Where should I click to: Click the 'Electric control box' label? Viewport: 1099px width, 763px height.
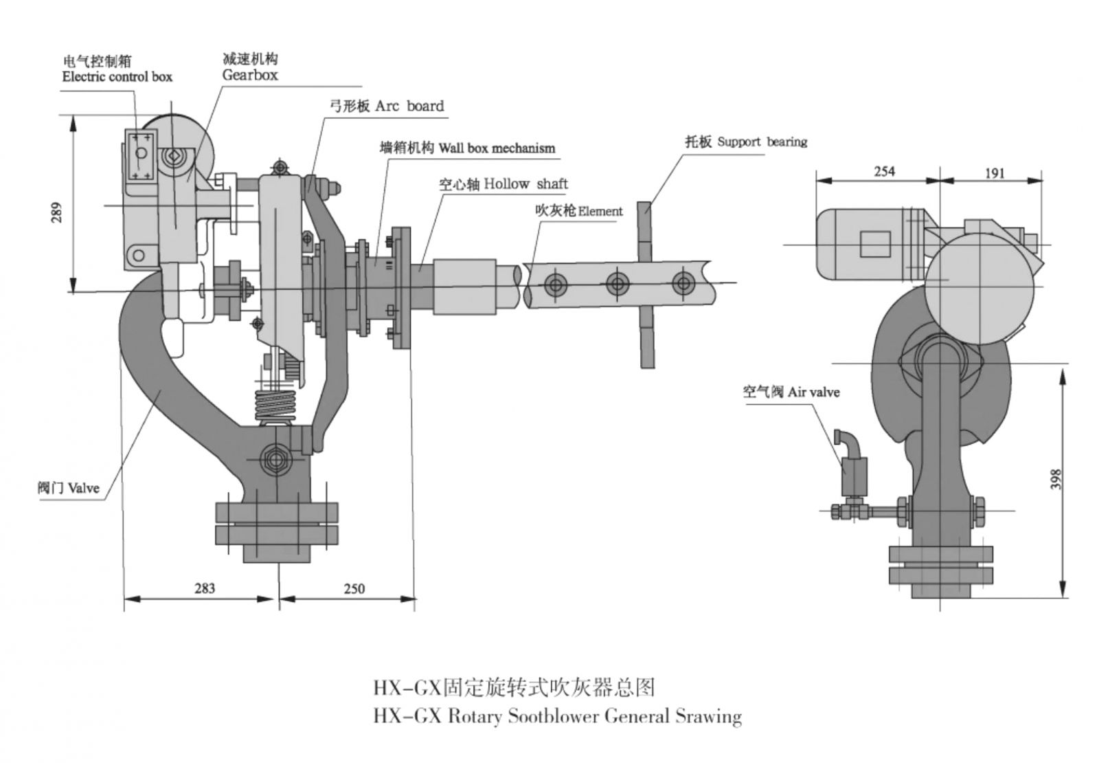coord(117,76)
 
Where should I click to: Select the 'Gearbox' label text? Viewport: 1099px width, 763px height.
coord(250,74)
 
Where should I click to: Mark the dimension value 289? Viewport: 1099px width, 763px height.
coord(57,212)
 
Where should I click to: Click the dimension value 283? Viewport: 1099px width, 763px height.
coord(204,588)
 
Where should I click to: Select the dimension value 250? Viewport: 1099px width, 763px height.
coord(354,588)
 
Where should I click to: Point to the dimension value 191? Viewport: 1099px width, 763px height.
coord(994,173)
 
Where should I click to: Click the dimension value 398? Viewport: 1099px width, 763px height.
coord(1056,478)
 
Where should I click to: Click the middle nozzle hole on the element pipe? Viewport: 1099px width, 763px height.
coord(618,283)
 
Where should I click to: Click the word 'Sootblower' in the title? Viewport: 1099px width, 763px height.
coord(554,717)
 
